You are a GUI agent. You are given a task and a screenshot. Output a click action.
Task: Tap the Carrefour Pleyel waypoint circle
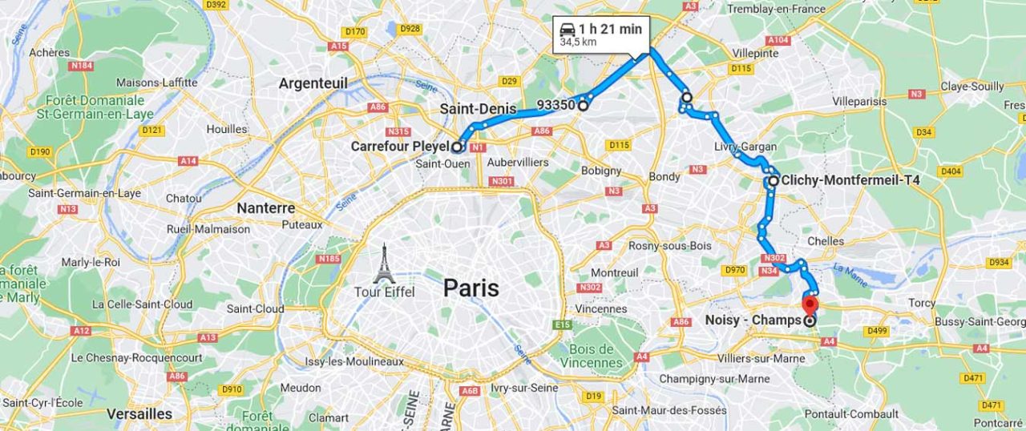pyautogui.click(x=457, y=147)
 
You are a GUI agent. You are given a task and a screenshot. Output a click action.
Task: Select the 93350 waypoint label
pyautogui.click(x=555, y=105)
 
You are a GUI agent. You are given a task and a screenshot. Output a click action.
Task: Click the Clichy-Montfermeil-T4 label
pyautogui.click(x=850, y=180)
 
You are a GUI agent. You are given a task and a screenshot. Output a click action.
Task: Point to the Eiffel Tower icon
pyautogui.click(x=385, y=264)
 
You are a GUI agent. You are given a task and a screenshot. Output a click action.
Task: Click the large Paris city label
pyautogui.click(x=471, y=288)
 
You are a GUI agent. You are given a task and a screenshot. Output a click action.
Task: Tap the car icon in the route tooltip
pyautogui.click(x=568, y=30)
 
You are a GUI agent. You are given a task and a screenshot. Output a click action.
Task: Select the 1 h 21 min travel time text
pyautogui.click(x=610, y=30)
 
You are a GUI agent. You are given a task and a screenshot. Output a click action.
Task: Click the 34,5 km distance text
pyautogui.click(x=578, y=42)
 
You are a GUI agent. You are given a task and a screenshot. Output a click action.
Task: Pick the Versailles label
pyautogui.click(x=139, y=413)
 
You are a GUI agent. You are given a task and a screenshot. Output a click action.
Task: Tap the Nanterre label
pyautogui.click(x=265, y=207)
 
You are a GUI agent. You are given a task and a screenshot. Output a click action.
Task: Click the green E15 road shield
pyautogui.click(x=562, y=324)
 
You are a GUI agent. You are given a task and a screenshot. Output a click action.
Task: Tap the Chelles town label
pyautogui.click(x=826, y=240)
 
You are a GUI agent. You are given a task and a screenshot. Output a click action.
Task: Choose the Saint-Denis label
pyautogui.click(x=471, y=108)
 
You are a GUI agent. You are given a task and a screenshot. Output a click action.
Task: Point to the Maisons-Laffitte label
pyautogui.click(x=156, y=83)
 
